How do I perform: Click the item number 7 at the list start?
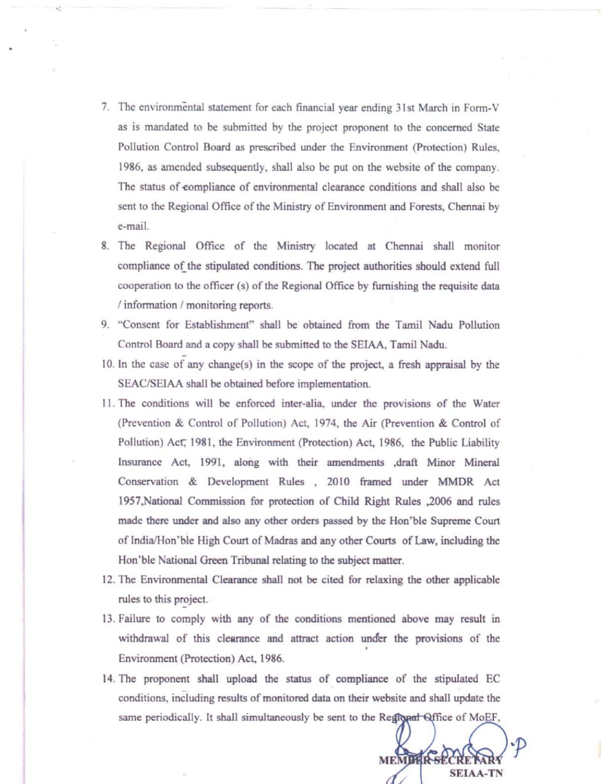coord(105,107)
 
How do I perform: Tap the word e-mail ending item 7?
coord(133,226)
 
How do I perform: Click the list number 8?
coord(105,246)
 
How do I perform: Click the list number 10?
coord(108,364)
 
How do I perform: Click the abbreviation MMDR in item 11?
coord(456,482)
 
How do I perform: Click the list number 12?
coord(108,580)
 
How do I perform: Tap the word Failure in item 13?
coord(135,619)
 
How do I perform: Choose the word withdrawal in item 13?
coord(143,639)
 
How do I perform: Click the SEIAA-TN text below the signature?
coord(476,773)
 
